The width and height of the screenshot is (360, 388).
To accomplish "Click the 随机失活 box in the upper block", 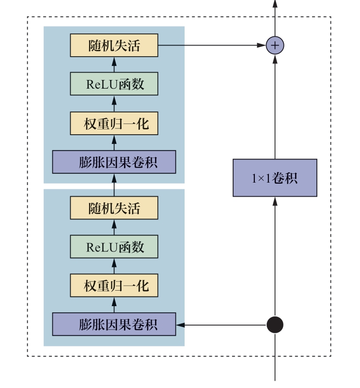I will tap(114, 46).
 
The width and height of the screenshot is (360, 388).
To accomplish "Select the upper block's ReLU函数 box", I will tap(114, 84).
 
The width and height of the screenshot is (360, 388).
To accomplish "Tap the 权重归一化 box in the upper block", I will tap(114, 123).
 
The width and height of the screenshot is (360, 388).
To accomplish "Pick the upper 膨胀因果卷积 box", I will tap(114, 162).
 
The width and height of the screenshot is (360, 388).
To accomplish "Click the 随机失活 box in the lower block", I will tap(114, 208).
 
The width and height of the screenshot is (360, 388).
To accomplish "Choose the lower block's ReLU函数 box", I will tap(114, 247).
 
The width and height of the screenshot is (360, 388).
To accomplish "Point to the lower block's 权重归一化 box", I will tap(114, 286).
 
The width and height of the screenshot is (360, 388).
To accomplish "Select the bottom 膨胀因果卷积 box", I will tap(114, 324).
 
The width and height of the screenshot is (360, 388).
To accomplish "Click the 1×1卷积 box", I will tap(275, 178).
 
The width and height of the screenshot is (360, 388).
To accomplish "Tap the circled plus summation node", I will tap(275, 46).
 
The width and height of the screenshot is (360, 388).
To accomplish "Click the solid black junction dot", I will tap(275, 325).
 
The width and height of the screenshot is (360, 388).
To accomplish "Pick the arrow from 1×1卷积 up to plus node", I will tap(275, 107).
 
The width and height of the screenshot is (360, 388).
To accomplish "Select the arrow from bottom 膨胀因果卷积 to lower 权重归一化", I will tap(114, 305).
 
